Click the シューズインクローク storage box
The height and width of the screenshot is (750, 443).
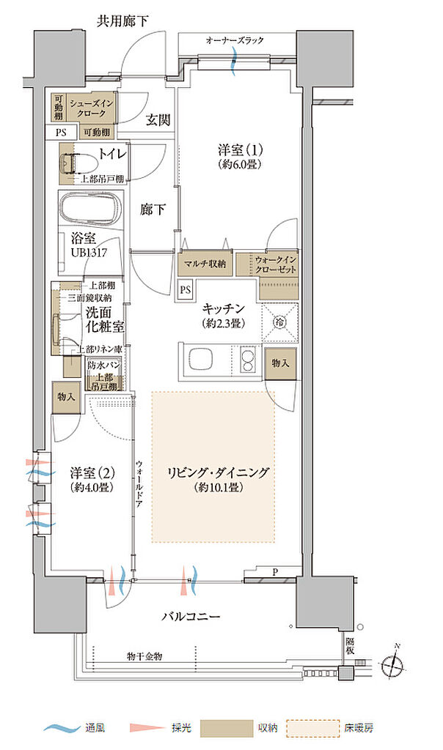(91, 109)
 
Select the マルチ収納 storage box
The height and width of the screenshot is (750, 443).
(205, 263)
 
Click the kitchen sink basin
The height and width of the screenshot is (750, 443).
(202, 360)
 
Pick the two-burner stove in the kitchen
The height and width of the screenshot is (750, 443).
(246, 360)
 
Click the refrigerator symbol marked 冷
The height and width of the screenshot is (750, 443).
(279, 321)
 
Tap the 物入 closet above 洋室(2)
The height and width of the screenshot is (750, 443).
(67, 396)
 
